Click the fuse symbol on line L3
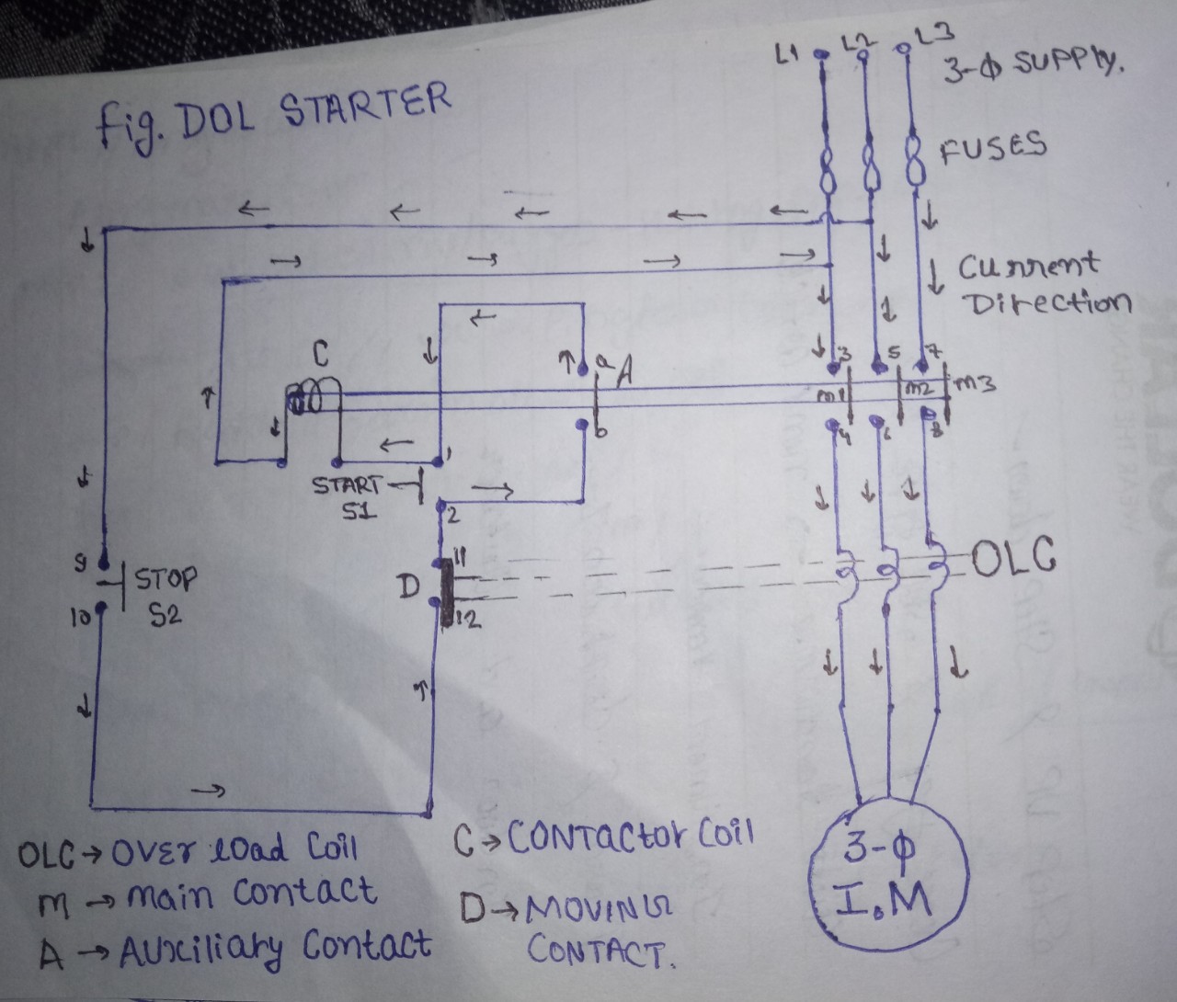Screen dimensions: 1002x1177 point(914,163)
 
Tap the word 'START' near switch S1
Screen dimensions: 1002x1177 point(347,484)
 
